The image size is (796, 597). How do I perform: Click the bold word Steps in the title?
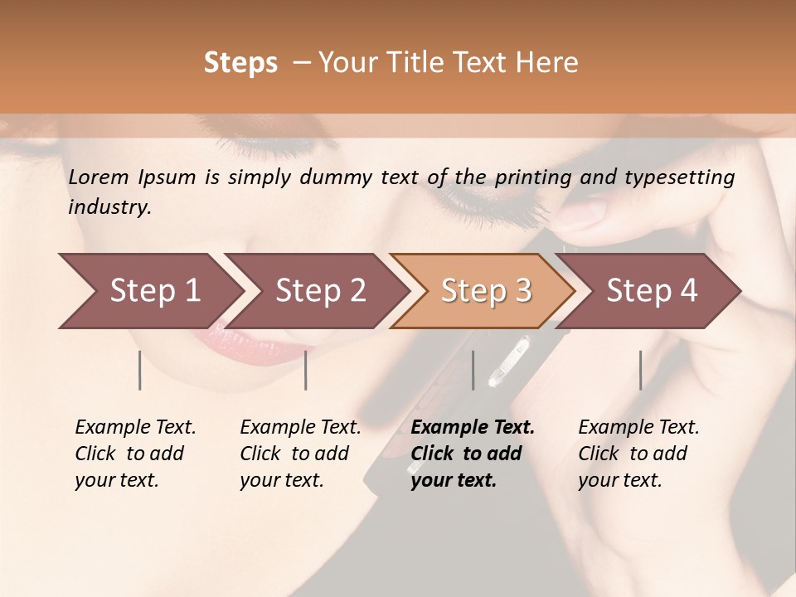[x=240, y=63]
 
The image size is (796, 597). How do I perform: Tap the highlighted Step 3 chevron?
[x=486, y=291]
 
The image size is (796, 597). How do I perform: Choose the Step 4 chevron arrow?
[x=652, y=291]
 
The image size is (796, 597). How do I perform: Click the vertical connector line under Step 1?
[x=139, y=370]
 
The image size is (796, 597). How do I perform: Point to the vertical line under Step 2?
[x=306, y=370]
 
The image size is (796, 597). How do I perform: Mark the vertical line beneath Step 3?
[x=473, y=370]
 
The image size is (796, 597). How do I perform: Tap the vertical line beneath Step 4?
[x=640, y=370]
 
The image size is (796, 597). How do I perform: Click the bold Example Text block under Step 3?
[x=473, y=454]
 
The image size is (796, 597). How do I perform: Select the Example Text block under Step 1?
[x=135, y=454]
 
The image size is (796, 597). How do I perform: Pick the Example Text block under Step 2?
[x=300, y=454]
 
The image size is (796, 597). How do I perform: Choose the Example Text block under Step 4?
[x=638, y=454]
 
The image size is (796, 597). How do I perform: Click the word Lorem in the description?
[x=99, y=177]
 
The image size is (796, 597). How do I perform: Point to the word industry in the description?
[x=109, y=207]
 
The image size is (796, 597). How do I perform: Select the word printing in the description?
[x=533, y=177]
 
